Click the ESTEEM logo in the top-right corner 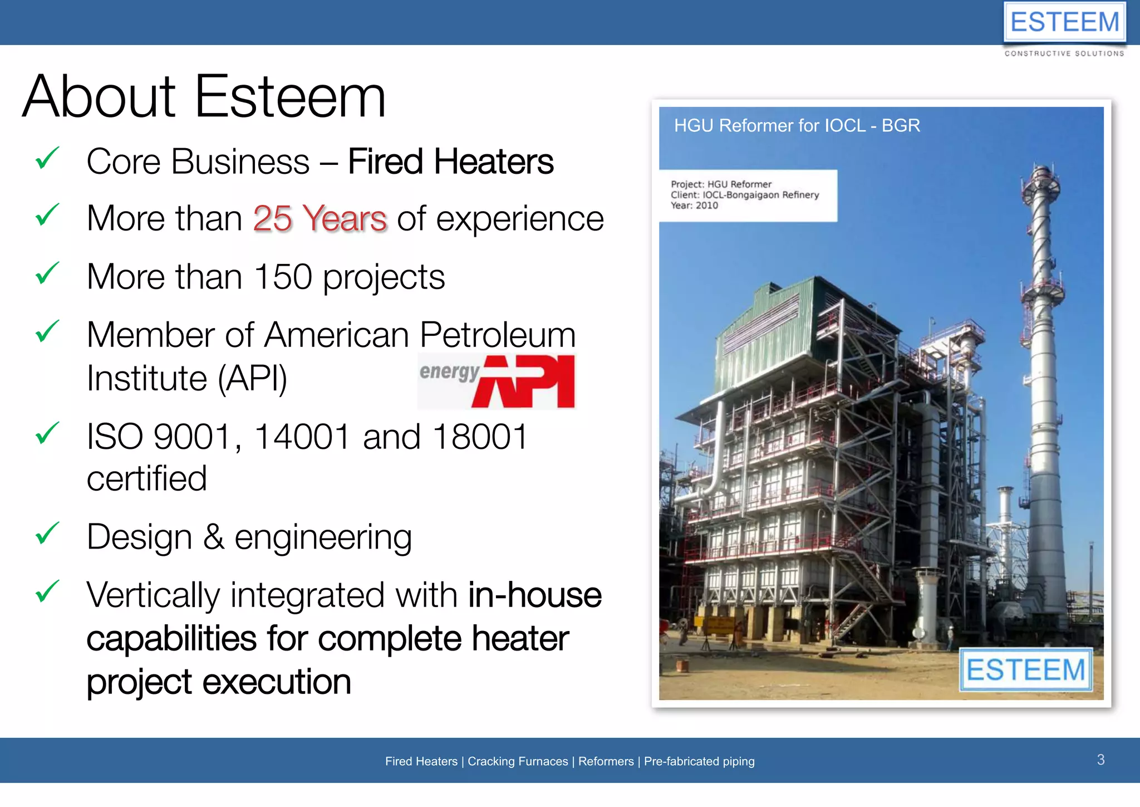(x=1064, y=23)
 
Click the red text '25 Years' (x=320, y=218)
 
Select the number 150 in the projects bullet (x=283, y=277)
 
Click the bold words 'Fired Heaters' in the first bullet (x=450, y=162)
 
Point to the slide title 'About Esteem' (x=204, y=97)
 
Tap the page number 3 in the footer (x=1100, y=760)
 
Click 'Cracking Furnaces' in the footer (x=518, y=761)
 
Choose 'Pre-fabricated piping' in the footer (x=699, y=761)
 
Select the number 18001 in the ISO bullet (x=479, y=437)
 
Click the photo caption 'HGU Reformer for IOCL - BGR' (x=797, y=126)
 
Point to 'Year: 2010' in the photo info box (x=694, y=206)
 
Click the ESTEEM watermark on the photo (x=1025, y=669)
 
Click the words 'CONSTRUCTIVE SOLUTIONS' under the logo (x=1064, y=53)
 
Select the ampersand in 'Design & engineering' (x=214, y=537)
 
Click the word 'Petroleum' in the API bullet (x=498, y=335)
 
